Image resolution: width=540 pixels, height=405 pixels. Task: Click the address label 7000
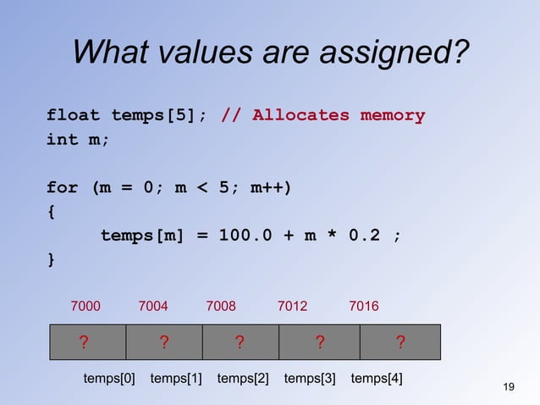click(x=85, y=305)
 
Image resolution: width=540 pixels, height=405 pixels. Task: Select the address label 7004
click(x=153, y=305)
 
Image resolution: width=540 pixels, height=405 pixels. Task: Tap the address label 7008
click(x=221, y=305)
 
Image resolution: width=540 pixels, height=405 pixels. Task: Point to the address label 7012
click(x=293, y=305)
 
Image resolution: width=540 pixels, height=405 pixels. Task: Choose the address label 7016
click(x=364, y=305)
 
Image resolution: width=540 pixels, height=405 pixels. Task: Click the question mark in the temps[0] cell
click(x=84, y=342)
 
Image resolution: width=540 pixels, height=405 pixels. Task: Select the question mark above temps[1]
click(x=163, y=342)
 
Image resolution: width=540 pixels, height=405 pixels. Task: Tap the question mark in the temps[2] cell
click(x=240, y=342)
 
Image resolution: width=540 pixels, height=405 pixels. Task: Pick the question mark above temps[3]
click(x=319, y=342)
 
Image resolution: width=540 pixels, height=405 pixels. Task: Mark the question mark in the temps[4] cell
click(x=400, y=342)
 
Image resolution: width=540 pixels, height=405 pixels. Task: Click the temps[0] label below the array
click(x=109, y=379)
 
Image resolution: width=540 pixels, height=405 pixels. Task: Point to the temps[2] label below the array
click(x=243, y=379)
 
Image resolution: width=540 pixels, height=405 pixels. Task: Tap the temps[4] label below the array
click(x=377, y=379)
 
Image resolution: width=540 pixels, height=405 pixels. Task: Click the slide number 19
click(x=509, y=387)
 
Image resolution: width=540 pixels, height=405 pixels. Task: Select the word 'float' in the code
click(x=74, y=115)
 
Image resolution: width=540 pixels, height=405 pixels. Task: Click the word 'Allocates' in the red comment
click(x=300, y=115)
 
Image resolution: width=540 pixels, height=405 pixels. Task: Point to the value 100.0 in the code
click(x=245, y=235)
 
